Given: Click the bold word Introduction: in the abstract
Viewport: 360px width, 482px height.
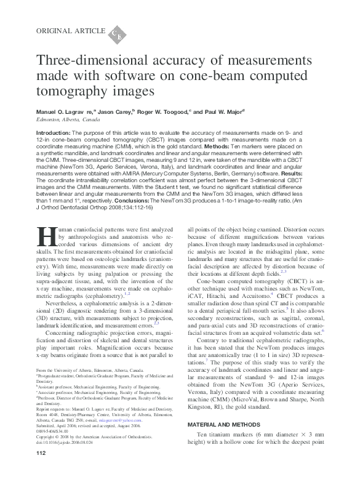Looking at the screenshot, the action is tap(54, 133).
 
